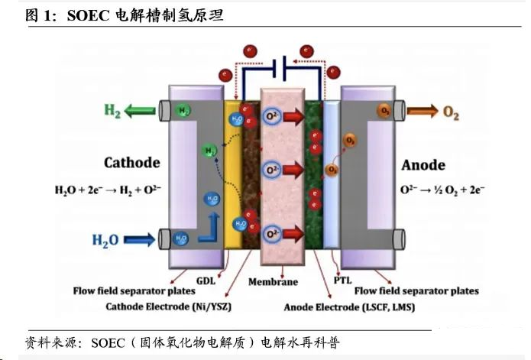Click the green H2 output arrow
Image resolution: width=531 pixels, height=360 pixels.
click(141, 112)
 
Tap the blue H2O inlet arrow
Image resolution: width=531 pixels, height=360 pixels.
click(141, 239)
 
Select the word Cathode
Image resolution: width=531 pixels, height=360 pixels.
click(131, 162)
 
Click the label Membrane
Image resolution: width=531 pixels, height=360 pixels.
click(273, 282)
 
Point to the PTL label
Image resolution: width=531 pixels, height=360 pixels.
click(342, 280)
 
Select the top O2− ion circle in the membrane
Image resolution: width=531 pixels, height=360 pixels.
click(271, 115)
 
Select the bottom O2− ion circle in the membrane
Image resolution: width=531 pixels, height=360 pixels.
click(271, 232)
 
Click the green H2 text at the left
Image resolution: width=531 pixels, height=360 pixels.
click(112, 112)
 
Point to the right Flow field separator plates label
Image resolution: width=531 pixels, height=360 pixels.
click(417, 291)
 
